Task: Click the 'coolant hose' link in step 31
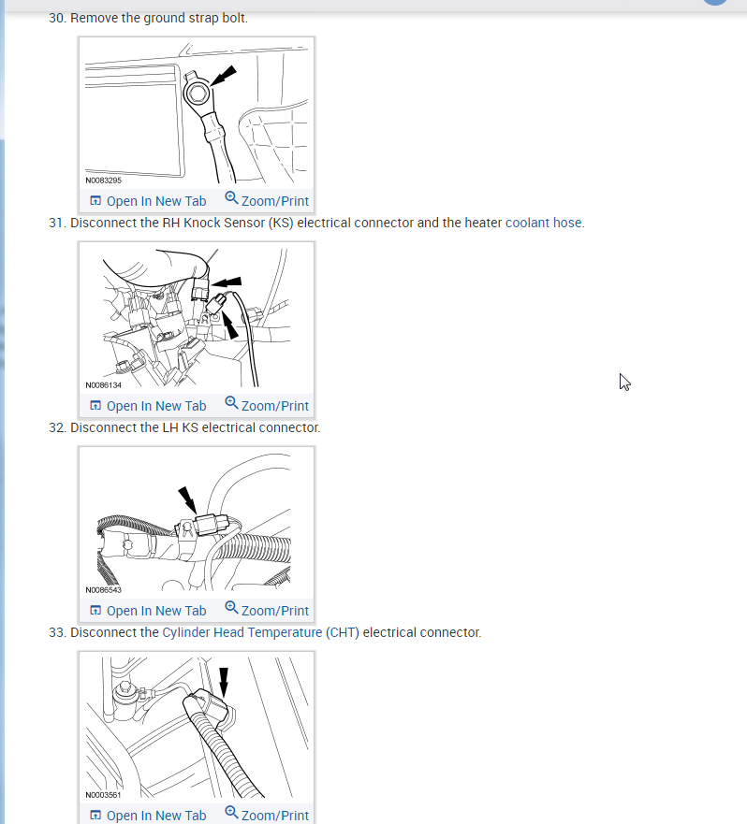click(x=544, y=223)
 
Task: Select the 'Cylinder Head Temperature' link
click(x=242, y=632)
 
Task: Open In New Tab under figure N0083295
click(x=148, y=201)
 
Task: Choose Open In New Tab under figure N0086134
click(x=148, y=406)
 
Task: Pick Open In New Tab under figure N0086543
click(x=148, y=611)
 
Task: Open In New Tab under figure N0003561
click(x=148, y=816)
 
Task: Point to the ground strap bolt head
click(x=198, y=92)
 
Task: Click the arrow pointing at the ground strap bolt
click(x=225, y=74)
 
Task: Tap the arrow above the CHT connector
click(x=223, y=681)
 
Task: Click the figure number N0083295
click(x=104, y=181)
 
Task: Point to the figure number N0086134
click(x=104, y=385)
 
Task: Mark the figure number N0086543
click(x=104, y=590)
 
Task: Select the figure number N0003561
click(x=104, y=795)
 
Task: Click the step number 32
click(x=58, y=427)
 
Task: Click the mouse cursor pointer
click(x=623, y=381)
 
